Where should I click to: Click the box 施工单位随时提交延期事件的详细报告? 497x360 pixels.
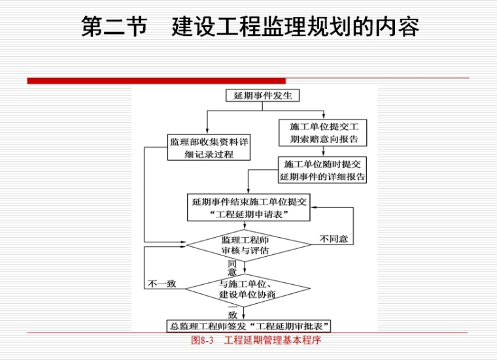point(322,171)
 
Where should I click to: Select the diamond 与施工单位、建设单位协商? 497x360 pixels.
point(248,289)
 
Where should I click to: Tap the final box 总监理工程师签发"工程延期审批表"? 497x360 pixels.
point(248,326)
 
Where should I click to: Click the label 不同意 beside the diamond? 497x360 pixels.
point(334,240)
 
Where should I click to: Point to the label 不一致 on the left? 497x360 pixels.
point(162,284)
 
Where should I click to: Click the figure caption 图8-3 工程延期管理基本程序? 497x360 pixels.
point(256,340)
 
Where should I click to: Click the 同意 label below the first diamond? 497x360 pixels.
point(232,267)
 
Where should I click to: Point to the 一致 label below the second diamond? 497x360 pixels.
point(232,310)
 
